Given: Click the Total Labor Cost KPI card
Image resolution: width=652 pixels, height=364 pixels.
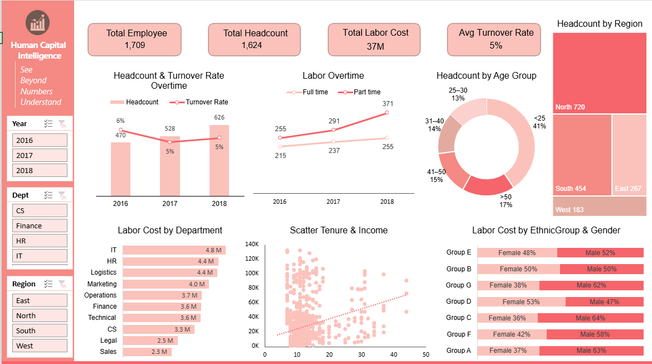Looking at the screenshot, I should tap(376, 40).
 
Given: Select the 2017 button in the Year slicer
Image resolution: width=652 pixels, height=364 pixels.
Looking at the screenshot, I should tap(40, 155).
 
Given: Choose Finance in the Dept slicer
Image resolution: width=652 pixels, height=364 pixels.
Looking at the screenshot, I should tap(40, 226).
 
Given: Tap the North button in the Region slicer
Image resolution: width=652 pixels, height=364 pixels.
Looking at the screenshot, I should tap(40, 315).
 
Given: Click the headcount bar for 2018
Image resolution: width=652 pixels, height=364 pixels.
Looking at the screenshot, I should tap(219, 162).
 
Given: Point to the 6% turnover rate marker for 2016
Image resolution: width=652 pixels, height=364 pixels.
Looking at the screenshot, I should tap(120, 131).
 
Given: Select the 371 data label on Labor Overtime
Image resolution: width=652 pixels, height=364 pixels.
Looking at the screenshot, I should tap(388, 103).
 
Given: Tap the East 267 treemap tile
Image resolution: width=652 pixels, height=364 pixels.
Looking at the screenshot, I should tap(629, 154).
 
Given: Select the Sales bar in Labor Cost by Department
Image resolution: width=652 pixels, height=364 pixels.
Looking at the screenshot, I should tap(147, 352).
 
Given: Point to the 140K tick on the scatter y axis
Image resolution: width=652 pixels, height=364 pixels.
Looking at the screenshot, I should tap(252, 245).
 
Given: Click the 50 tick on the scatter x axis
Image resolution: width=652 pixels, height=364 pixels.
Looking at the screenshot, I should tap(426, 355).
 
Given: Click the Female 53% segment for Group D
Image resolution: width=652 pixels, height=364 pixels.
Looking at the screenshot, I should tap(521, 301).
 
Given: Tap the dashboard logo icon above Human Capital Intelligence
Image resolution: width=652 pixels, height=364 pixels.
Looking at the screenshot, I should tap(38, 22).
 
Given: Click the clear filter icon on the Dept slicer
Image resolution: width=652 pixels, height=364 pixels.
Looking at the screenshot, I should tap(62, 195).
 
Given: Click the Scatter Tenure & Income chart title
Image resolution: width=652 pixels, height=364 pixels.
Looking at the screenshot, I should tap(338, 230).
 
